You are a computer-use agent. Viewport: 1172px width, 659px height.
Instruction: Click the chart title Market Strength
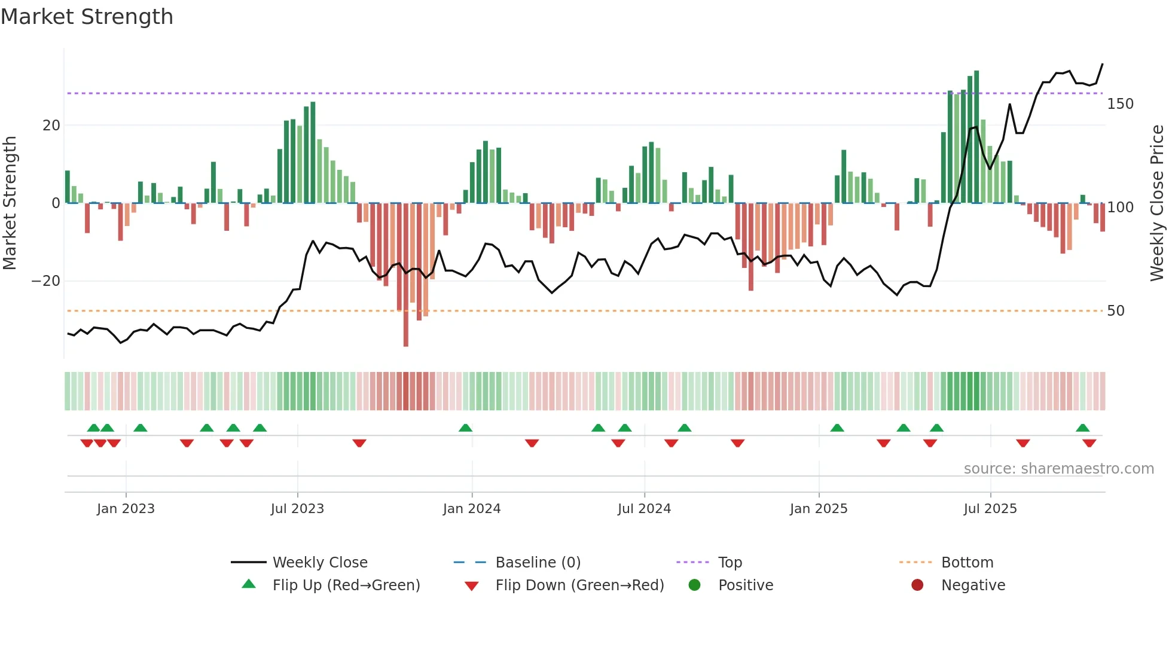(87, 17)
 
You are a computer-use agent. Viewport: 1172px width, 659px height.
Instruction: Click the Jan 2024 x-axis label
(472, 509)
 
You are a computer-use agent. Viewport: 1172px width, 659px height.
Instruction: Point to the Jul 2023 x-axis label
(297, 509)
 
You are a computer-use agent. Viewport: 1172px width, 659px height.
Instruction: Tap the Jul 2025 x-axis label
(990, 509)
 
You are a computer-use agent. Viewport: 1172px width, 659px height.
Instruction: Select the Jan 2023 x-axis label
(126, 509)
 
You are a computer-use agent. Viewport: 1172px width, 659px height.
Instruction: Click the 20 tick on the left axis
(51, 126)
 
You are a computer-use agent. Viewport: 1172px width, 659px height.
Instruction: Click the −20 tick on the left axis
(46, 281)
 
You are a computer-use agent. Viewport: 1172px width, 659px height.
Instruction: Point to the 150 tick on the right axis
(1120, 104)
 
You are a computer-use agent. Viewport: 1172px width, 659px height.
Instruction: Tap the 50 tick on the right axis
(1116, 311)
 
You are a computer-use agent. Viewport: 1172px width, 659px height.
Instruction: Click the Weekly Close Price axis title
(1157, 203)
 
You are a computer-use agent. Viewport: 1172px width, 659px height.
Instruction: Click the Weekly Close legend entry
(320, 563)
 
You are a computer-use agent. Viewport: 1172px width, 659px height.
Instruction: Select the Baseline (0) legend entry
(538, 563)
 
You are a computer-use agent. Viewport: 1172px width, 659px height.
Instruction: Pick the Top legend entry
(730, 563)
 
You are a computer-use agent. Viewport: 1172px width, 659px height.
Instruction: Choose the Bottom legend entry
(967, 563)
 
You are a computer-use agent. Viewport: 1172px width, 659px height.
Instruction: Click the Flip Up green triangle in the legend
(249, 584)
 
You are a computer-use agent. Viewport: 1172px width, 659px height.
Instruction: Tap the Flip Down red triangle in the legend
(471, 586)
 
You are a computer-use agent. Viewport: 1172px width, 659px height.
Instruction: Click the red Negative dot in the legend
(917, 585)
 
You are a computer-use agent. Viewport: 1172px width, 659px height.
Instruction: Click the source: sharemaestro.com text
(1058, 469)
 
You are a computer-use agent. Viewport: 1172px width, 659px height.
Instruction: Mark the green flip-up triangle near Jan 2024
(465, 428)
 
